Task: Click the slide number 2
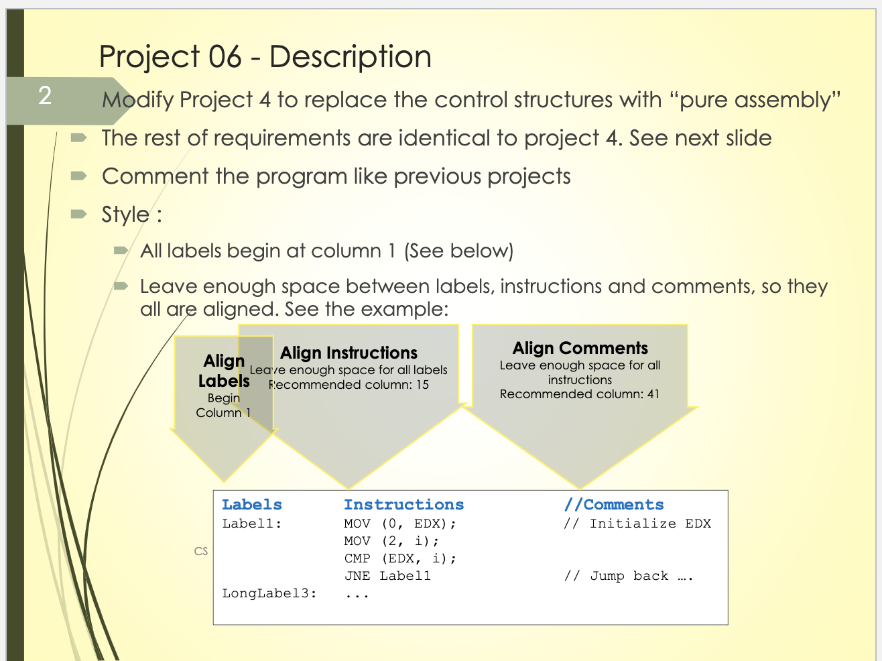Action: (45, 96)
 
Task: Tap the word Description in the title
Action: (351, 57)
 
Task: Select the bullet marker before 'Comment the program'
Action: (79, 176)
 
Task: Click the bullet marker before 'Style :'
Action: (79, 214)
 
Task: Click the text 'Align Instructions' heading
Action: (349, 353)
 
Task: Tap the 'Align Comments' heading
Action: (580, 348)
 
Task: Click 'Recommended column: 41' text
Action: (580, 394)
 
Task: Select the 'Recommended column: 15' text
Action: (349, 385)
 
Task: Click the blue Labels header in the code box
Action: (252, 505)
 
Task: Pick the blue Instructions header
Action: (404, 505)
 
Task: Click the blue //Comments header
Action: (614, 505)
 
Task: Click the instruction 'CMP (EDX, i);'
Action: (400, 558)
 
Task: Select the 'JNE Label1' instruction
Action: (387, 576)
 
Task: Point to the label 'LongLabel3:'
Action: (269, 593)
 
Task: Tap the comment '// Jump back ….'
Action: (629, 576)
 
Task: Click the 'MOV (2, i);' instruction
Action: (392, 541)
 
